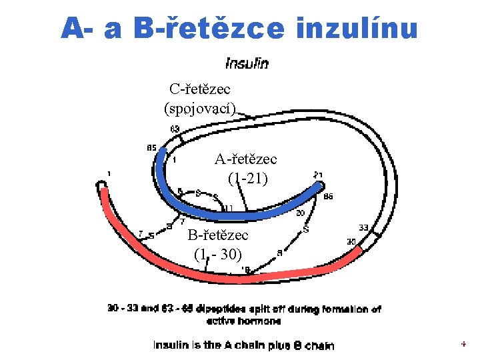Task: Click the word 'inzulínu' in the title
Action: [356, 28]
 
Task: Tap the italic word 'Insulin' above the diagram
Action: [247, 63]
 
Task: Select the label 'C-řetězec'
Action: [200, 89]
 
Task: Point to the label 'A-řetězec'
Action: [245, 159]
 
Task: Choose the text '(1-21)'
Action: [247, 178]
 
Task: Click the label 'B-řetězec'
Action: [218, 235]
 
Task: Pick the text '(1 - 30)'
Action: [218, 254]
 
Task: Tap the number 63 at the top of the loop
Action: [175, 129]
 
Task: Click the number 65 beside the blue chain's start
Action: [151, 147]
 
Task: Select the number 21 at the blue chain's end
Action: [319, 175]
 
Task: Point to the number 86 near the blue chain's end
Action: [328, 197]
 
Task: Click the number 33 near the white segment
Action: [363, 227]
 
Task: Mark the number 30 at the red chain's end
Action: [351, 241]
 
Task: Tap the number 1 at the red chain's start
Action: [109, 174]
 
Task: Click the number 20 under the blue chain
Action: [300, 213]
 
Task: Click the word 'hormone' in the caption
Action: [262, 321]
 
